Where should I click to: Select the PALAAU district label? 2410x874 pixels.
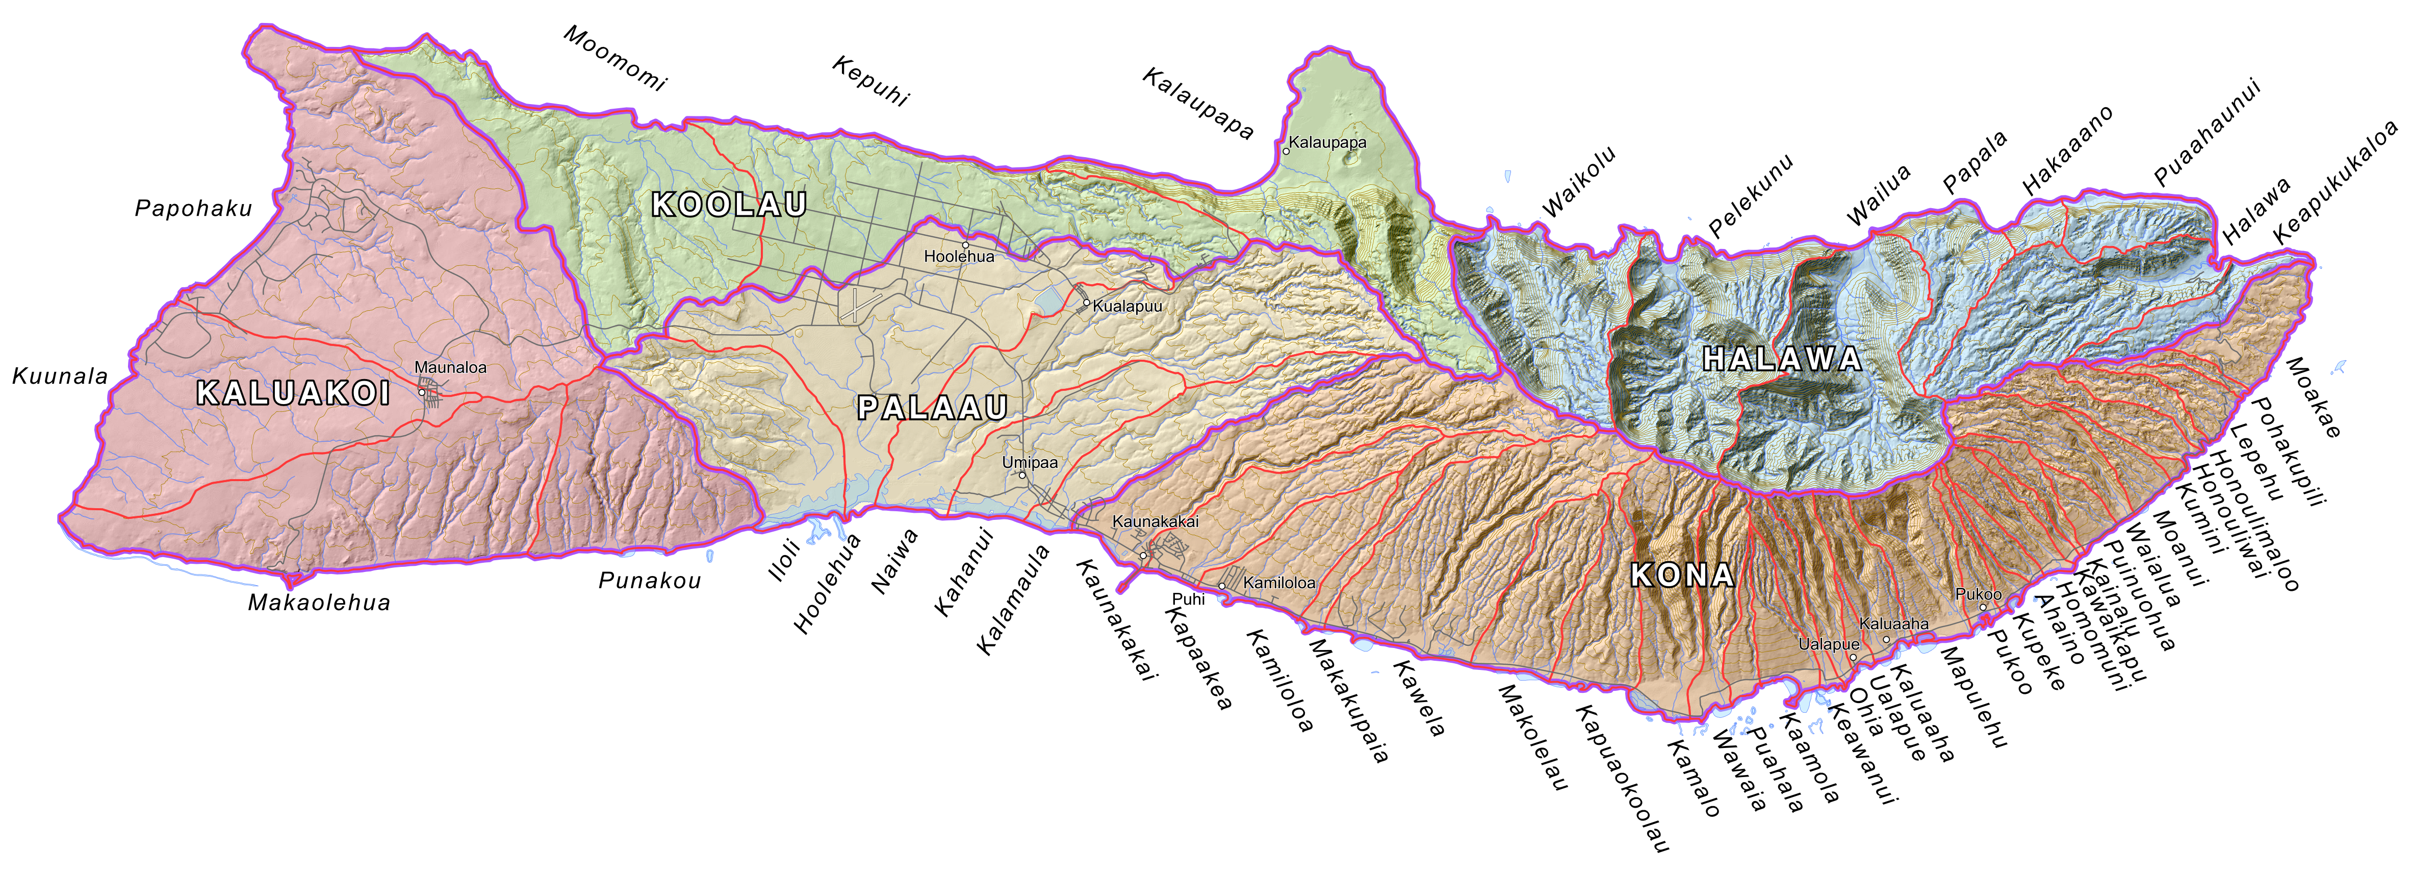pos(932,408)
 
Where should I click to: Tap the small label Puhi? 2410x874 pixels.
pos(1188,599)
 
